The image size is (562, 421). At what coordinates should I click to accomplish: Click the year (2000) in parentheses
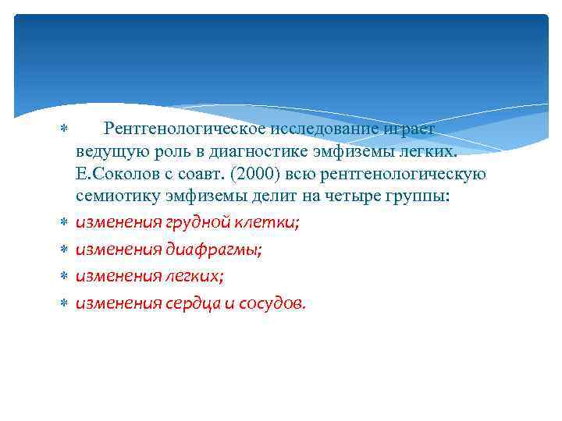click(x=267, y=173)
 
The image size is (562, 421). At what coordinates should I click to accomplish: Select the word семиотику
click(x=112, y=196)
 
